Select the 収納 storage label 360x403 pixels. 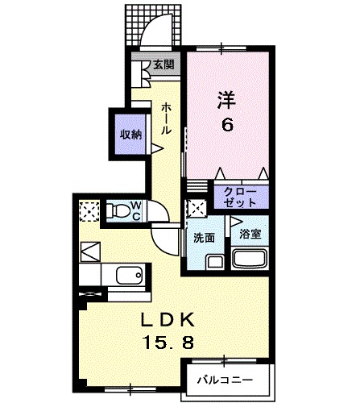coord(131,134)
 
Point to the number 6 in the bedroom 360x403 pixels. coord(227,126)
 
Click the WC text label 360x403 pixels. coord(137,212)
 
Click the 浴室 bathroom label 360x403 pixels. coord(249,235)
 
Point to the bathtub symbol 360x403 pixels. coord(250,259)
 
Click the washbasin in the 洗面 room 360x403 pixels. coord(214,260)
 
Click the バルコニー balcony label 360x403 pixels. coord(226,378)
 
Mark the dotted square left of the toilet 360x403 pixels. coord(88,211)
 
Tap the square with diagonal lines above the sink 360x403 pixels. coord(89,250)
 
